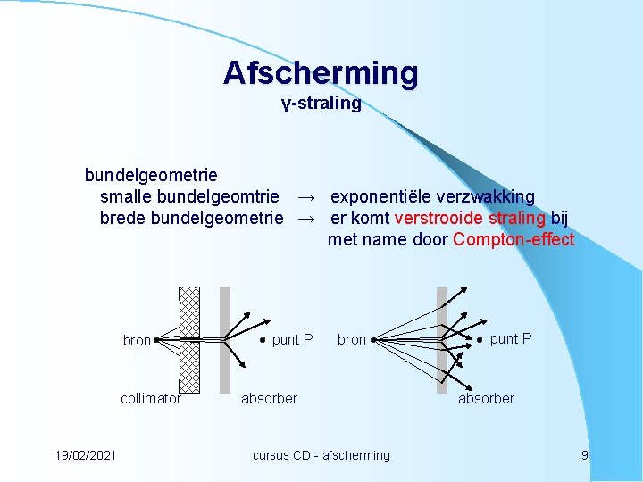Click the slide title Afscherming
pos(321,73)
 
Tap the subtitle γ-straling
pos(321,104)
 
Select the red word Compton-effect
pos(514,239)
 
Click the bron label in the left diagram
pos(137,340)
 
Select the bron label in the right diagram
pos(352,340)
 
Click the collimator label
pos(151,399)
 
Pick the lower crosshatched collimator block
pos(189,368)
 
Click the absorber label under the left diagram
pos(269,399)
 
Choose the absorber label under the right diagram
pos(486,399)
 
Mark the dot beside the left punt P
pos(263,339)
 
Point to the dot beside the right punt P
pos(480,339)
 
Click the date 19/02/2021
pos(85,455)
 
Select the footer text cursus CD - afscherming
pos(321,455)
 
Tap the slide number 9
pos(584,455)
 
